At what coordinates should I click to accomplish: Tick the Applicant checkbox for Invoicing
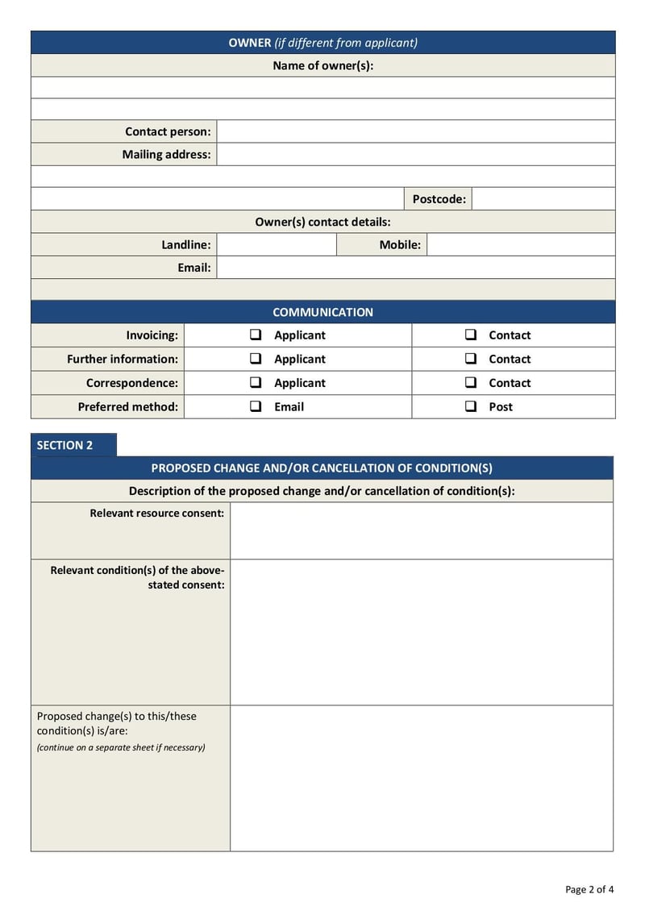coord(256,335)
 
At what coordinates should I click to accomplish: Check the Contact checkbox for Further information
coord(471,359)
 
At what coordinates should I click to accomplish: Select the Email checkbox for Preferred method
coord(256,406)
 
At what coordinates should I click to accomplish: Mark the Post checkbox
coord(471,406)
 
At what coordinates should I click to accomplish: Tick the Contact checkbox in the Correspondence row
coord(471,382)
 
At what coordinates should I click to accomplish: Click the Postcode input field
coord(543,199)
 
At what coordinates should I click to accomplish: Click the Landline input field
coord(276,245)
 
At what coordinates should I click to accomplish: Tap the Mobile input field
coord(520,245)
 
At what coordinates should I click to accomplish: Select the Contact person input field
coord(415,131)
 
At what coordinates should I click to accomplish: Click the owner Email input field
coord(415,268)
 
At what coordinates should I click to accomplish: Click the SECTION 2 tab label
coord(65,445)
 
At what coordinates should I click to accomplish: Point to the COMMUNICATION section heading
coord(322,312)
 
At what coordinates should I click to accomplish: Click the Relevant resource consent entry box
coord(421,530)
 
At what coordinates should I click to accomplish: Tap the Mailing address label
coord(166,154)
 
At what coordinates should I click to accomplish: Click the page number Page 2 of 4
coord(589,889)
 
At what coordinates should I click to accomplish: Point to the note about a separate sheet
coord(121,747)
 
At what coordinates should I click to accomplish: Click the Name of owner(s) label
coord(322,65)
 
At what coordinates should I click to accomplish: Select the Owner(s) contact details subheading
coord(322,222)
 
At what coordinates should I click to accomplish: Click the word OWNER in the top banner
coord(250,43)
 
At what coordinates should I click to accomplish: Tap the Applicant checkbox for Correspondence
coord(256,382)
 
